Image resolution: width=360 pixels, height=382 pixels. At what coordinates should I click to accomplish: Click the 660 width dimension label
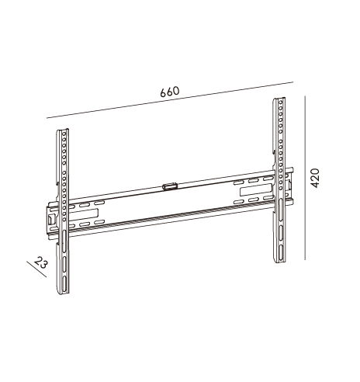(169, 92)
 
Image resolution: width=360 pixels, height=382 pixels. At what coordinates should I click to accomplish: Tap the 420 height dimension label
(315, 178)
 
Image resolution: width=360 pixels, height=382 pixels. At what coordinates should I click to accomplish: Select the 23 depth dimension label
(41, 263)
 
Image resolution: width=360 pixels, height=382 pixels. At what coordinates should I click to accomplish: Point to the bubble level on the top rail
(170, 186)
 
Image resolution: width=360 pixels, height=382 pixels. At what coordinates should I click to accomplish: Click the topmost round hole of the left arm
(64, 134)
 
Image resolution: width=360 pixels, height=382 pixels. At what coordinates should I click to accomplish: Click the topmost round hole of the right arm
(281, 103)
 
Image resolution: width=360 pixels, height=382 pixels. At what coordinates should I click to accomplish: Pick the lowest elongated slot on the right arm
(281, 255)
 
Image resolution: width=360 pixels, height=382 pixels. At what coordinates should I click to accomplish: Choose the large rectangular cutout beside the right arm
(256, 190)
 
